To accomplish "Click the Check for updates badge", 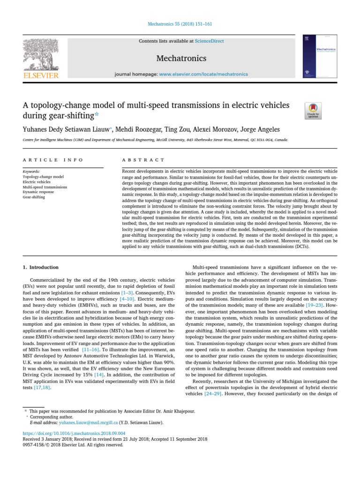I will pos(313,111).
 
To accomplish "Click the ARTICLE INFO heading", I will pos(52,160).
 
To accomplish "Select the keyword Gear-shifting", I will pos(34,197).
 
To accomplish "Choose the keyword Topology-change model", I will pos(43,177).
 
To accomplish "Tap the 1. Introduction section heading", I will pos(41,267).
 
